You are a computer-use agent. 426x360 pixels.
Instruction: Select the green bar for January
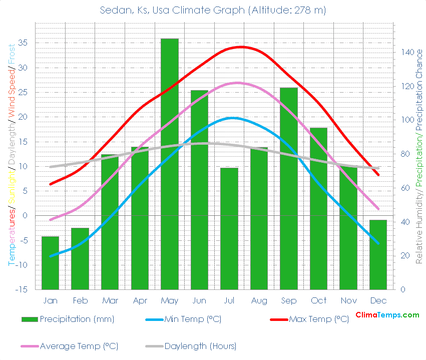click(50, 263)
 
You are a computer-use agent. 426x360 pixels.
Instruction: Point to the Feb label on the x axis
click(80, 300)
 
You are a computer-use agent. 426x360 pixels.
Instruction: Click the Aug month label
click(259, 300)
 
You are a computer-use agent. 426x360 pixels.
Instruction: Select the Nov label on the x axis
click(348, 300)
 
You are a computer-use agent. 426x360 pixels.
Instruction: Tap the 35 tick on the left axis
click(23, 43)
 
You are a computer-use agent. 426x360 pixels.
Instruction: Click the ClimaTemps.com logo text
click(387, 315)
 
